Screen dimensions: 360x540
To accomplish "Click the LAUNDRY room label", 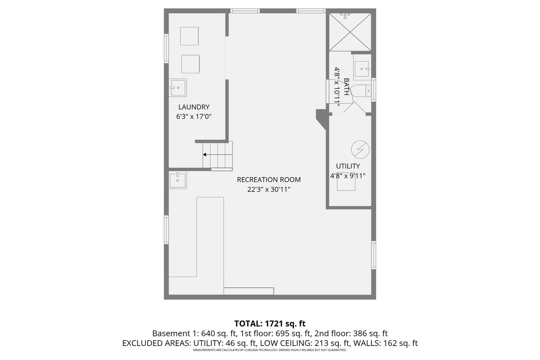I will click(194, 107).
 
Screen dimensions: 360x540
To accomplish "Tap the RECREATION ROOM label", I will click(269, 180).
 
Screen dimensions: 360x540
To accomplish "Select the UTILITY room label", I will click(348, 166).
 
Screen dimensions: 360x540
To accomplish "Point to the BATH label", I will click(346, 87).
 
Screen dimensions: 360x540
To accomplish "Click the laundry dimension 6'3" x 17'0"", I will click(194, 117).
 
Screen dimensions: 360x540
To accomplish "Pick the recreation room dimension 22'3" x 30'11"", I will click(269, 189).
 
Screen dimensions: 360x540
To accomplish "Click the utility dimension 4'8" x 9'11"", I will click(348, 176).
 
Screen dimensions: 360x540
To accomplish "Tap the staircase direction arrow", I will click(204, 155).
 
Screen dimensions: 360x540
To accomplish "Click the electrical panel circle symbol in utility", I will click(360, 149).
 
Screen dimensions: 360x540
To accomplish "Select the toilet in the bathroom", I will click(360, 91).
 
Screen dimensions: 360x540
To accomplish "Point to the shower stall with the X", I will click(350, 32).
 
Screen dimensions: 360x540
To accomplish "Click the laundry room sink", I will click(178, 87).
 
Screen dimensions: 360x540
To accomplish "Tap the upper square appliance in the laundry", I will click(189, 36).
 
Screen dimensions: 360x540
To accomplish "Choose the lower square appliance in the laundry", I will click(190, 64).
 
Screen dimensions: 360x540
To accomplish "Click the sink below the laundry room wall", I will click(178, 180).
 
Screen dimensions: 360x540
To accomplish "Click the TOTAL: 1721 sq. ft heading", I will click(270, 323).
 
